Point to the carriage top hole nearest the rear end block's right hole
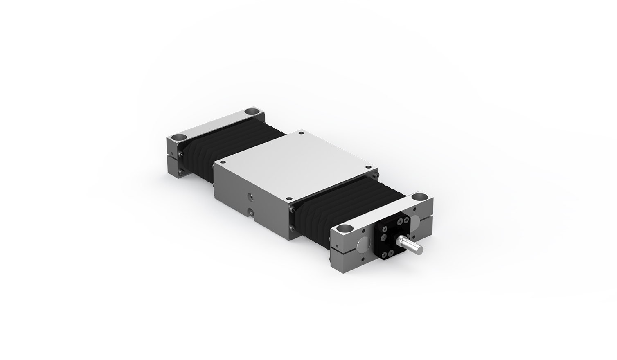point(302,133)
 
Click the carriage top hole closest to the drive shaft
point(368,167)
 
